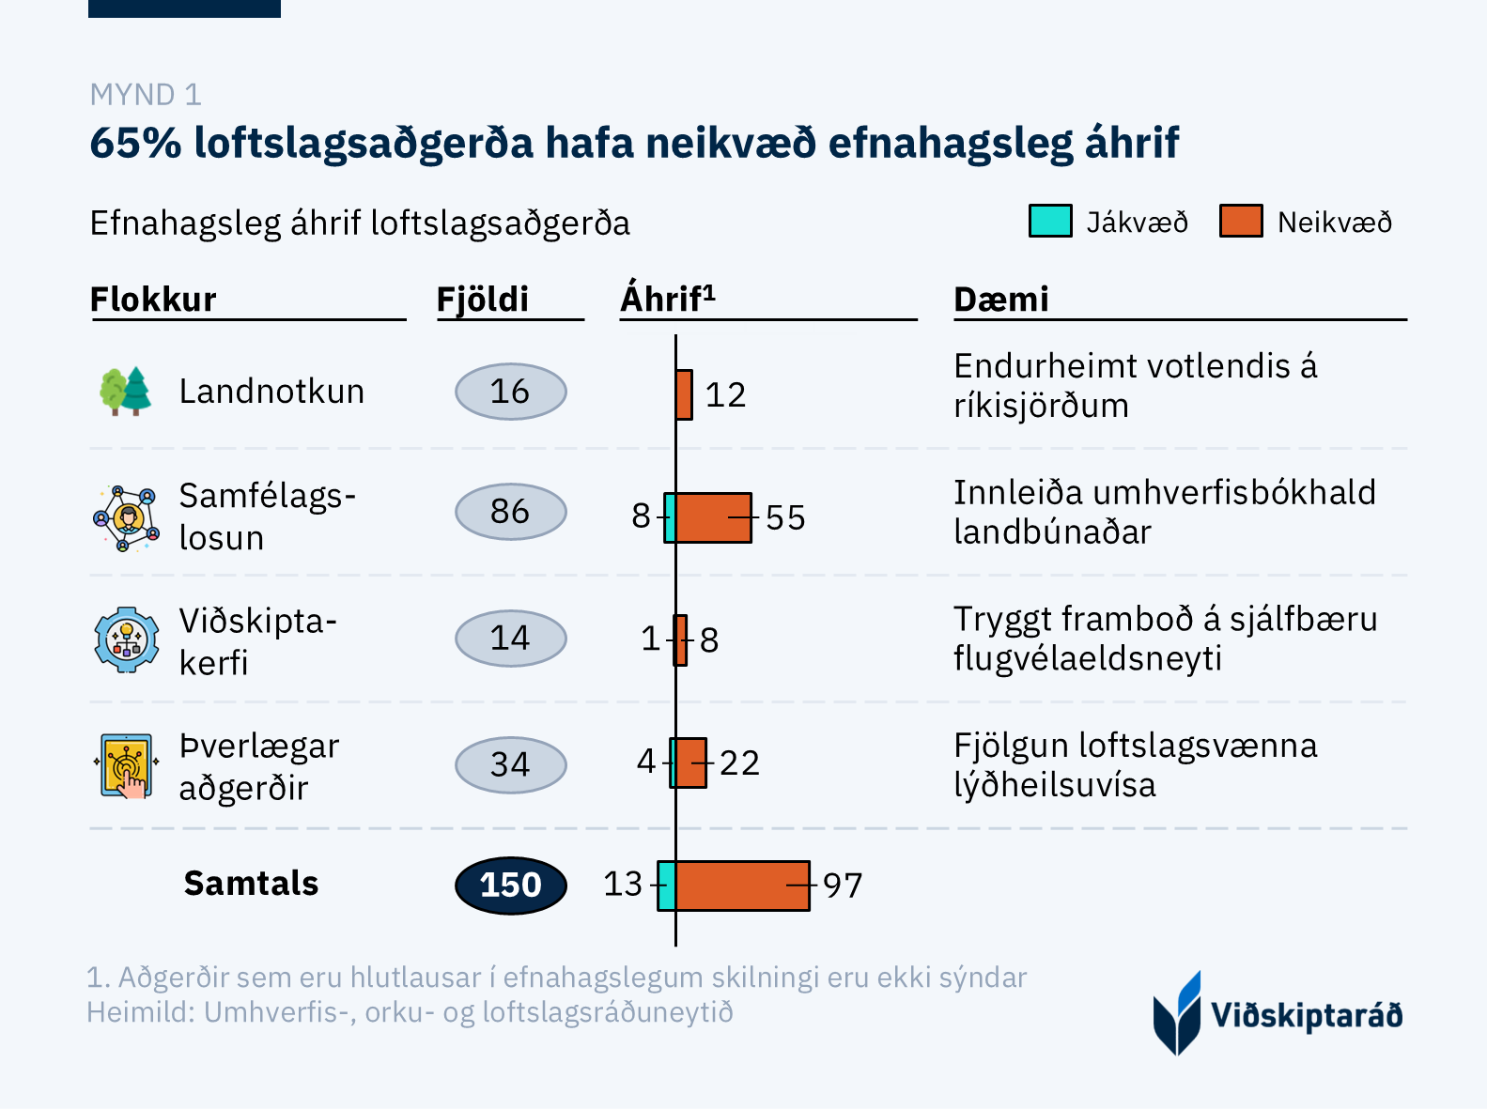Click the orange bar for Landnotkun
pyautogui.click(x=684, y=394)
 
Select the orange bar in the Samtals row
pyautogui.click(x=742, y=886)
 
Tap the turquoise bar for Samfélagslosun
pyautogui.click(x=670, y=517)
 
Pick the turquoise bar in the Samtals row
pyautogui.click(x=666, y=886)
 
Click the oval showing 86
pyautogui.click(x=510, y=512)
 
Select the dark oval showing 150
pyautogui.click(x=510, y=885)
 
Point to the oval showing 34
pyautogui.click(x=510, y=764)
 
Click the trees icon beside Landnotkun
pyautogui.click(x=126, y=391)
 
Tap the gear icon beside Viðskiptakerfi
pyautogui.click(x=127, y=639)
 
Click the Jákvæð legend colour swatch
pyautogui.click(x=1050, y=222)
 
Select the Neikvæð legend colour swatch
pyautogui.click(x=1241, y=222)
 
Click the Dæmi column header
pyautogui.click(x=1000, y=300)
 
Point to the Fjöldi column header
pyautogui.click(x=483, y=300)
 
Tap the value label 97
pyautogui.click(x=843, y=886)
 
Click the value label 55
pyautogui.click(x=785, y=517)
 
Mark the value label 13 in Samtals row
pyautogui.click(x=623, y=885)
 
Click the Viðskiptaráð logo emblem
pyautogui.click(x=1177, y=1013)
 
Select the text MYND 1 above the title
pyautogui.click(x=146, y=95)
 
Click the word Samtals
pyautogui.click(x=251, y=884)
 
